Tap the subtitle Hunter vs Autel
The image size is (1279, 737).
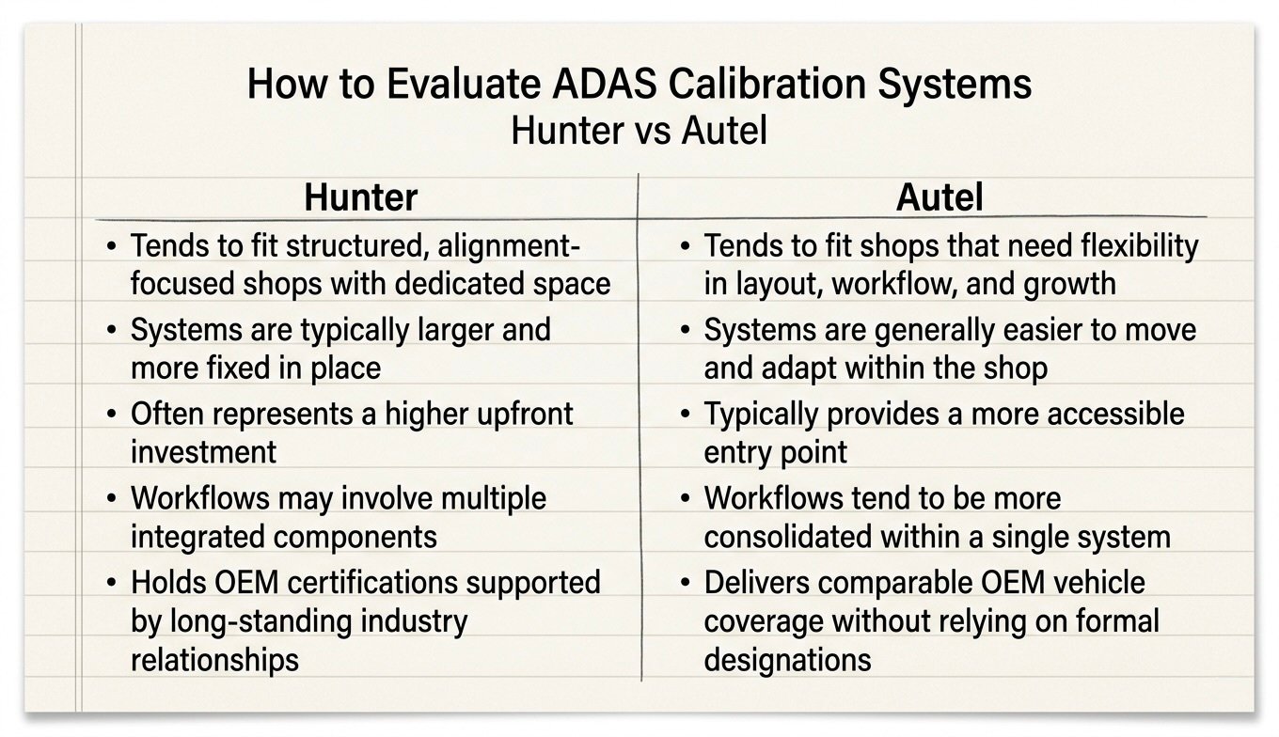tap(639, 131)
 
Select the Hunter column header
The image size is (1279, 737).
tap(360, 197)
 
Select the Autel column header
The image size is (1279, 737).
tap(940, 197)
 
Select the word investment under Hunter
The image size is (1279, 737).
tap(204, 451)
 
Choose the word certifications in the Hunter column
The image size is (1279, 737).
tap(381, 582)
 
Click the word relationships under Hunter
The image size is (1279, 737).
tap(214, 659)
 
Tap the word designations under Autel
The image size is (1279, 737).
tap(787, 659)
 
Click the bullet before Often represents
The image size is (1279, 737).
tap(112, 415)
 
